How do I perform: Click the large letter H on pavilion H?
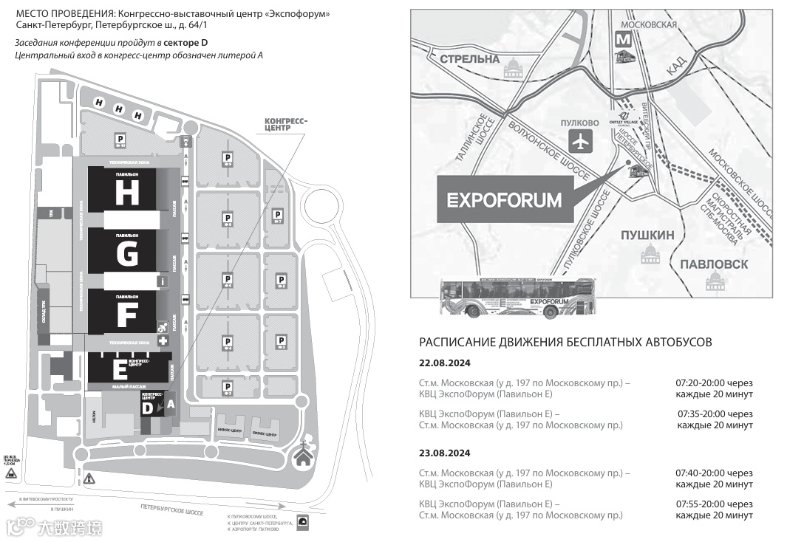126,193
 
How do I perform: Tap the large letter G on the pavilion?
126,254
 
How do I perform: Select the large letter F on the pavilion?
126,315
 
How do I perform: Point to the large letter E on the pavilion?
119,370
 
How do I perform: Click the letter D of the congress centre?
148,408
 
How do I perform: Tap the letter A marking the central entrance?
170,404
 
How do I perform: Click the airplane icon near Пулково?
581,140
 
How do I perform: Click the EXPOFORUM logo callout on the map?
505,200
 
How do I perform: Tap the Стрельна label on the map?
469,58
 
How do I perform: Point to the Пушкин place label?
647,236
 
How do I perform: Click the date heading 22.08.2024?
445,363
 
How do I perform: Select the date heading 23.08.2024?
445,453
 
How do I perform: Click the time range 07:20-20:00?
706,383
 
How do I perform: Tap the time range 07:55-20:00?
706,504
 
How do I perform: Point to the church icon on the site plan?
303,456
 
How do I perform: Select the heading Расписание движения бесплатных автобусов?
565,342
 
